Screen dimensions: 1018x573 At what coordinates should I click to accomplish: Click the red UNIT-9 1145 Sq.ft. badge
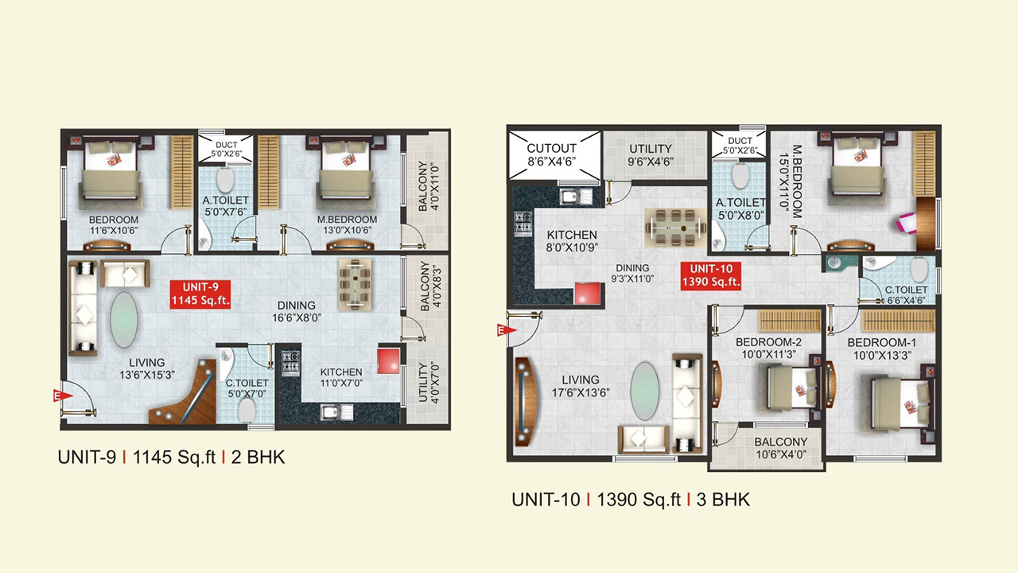point(200,294)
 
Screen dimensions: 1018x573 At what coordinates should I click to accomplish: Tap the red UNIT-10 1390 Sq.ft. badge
point(711,275)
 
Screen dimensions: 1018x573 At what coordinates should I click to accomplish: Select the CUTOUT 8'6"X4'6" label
point(551,154)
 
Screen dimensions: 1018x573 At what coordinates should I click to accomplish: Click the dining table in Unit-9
point(355,285)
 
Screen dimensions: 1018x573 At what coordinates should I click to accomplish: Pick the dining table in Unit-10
point(675,228)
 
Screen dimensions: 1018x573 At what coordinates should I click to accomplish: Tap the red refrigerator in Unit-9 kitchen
point(389,361)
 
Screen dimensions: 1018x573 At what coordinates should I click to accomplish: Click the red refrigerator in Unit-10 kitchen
point(589,294)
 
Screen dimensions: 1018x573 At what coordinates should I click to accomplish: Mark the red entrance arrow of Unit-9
point(63,396)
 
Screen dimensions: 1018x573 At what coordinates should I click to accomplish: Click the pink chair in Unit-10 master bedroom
point(907,224)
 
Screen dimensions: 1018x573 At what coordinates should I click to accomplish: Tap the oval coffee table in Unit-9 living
point(123,320)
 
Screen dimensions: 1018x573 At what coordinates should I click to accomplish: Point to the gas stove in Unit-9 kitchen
point(290,362)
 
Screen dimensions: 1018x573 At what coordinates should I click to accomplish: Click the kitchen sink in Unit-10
point(576,197)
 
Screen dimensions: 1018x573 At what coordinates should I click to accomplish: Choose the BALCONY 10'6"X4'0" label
point(781,448)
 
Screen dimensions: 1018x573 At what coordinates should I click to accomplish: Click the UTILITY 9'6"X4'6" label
point(651,155)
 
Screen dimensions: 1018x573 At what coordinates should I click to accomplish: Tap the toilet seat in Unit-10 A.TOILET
point(740,175)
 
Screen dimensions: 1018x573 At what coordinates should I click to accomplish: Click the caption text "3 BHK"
point(723,500)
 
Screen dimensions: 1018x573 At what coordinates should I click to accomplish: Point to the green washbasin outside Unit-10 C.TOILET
point(835,263)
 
